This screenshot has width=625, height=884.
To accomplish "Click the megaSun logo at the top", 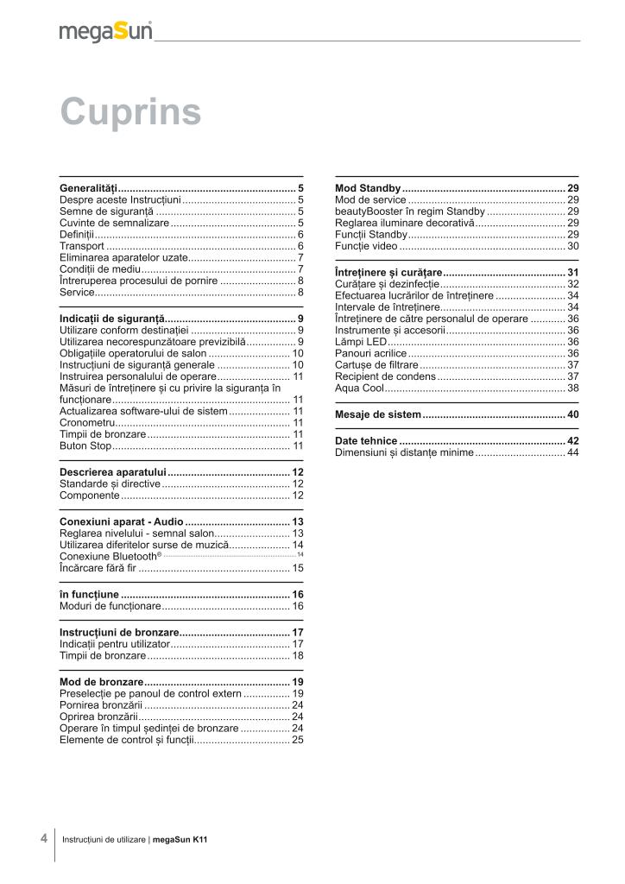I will click(x=105, y=31).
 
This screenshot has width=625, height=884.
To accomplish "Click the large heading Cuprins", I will click(x=130, y=112).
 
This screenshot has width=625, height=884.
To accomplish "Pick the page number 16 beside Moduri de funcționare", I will click(x=297, y=607).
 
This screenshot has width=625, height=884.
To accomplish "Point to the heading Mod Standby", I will click(x=367, y=187).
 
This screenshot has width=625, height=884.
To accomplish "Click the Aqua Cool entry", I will click(x=359, y=388).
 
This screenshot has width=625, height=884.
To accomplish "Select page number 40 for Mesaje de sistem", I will click(x=572, y=415).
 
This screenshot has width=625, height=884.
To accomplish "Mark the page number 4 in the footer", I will click(x=43, y=838).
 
